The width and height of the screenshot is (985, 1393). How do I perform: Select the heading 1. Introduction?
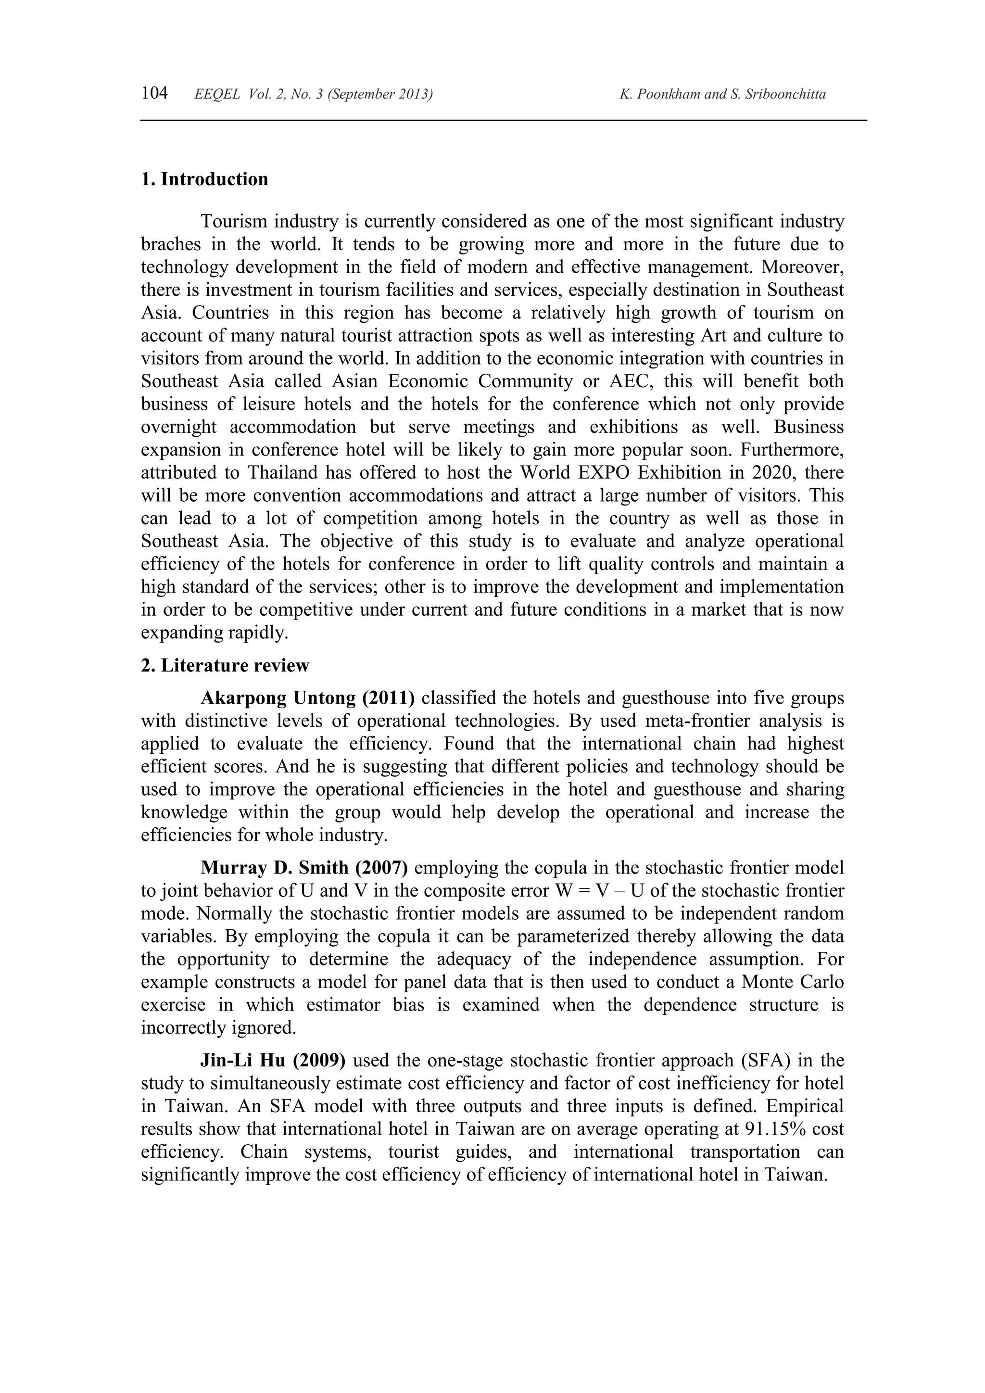(x=204, y=179)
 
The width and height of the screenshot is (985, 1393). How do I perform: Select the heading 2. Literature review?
(x=225, y=666)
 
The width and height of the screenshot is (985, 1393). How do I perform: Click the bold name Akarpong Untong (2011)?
(x=307, y=698)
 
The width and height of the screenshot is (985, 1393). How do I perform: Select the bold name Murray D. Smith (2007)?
(x=304, y=868)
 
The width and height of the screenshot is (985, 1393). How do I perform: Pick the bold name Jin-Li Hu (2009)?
(x=273, y=1061)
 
